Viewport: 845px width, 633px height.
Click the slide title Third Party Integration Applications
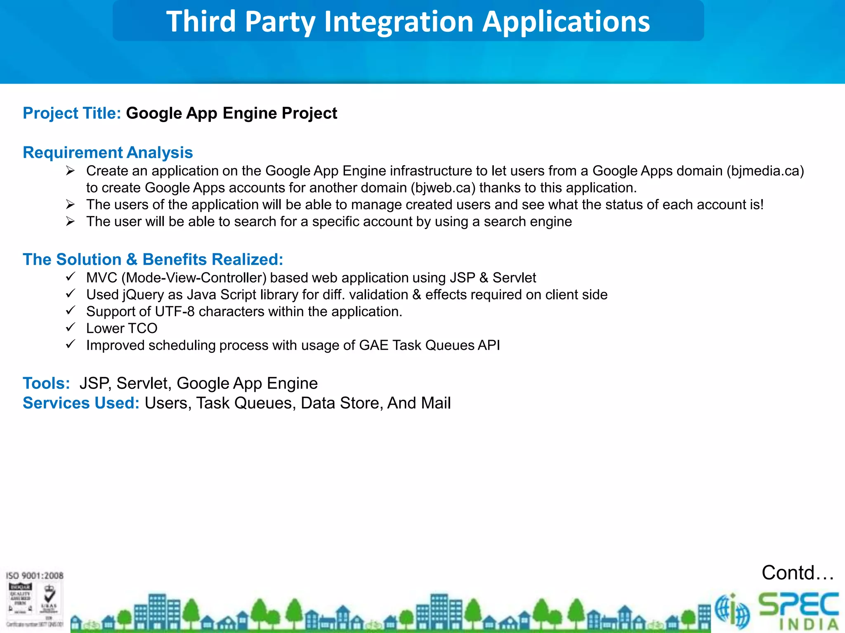pyautogui.click(x=408, y=21)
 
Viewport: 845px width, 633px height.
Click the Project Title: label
pyautogui.click(x=72, y=113)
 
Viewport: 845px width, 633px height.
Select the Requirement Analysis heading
pyautogui.click(x=108, y=152)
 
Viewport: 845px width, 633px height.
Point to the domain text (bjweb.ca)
pyautogui.click(x=443, y=188)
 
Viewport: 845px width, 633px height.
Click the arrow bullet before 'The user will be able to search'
pyautogui.click(x=71, y=222)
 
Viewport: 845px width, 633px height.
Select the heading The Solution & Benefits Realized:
pyautogui.click(x=153, y=260)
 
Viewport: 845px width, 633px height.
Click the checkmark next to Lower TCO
pyautogui.click(x=71, y=328)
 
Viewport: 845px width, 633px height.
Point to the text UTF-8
pyautogui.click(x=175, y=312)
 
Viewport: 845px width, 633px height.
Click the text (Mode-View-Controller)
pyautogui.click(x=194, y=278)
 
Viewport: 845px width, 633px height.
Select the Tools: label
pyautogui.click(x=46, y=383)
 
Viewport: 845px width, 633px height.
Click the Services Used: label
pyautogui.click(x=81, y=403)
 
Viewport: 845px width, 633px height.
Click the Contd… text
pyautogui.click(x=797, y=573)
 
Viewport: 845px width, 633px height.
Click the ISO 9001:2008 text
pyautogui.click(x=35, y=575)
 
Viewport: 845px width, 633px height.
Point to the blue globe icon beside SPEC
pyautogui.click(x=732, y=611)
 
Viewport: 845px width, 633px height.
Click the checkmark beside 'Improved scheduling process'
pyautogui.click(x=71, y=345)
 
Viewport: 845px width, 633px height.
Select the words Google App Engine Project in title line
pyautogui.click(x=231, y=113)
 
